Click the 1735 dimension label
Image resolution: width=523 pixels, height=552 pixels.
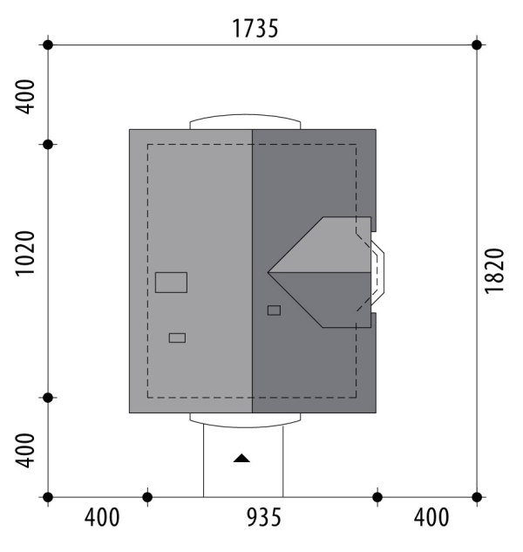pos(255,29)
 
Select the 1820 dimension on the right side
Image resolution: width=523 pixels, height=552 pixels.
pos(494,270)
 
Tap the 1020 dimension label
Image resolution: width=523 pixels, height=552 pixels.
pos(25,254)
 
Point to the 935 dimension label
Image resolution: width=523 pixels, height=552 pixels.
pos(264,517)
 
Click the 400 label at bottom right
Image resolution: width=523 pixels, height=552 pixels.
pos(431,517)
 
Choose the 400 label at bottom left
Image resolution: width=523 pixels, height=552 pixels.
pos(102,517)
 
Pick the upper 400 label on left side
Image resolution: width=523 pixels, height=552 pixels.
pos(25,97)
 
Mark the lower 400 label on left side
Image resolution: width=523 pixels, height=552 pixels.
pos(25,451)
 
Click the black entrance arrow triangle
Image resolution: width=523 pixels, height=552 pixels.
pos(241,459)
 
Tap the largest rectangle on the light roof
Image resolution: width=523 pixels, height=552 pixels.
pos(171,283)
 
